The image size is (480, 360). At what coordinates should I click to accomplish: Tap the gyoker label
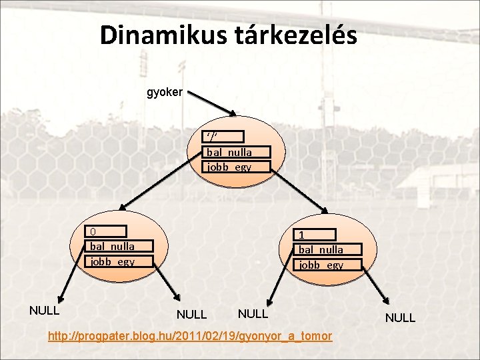(164, 93)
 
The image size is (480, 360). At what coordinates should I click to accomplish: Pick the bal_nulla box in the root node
(237, 152)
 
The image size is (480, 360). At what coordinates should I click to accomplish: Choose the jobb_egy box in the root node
(237, 167)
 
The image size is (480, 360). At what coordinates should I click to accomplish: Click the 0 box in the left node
(107, 231)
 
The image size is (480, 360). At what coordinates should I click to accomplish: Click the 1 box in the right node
(317, 235)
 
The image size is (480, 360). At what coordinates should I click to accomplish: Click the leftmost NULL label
(45, 310)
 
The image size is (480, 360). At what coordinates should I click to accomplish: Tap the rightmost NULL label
(400, 318)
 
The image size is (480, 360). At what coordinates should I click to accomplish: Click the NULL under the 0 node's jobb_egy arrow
(191, 314)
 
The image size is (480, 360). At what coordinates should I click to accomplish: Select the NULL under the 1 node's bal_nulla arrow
(253, 313)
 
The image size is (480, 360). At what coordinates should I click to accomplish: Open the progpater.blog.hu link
(190, 335)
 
